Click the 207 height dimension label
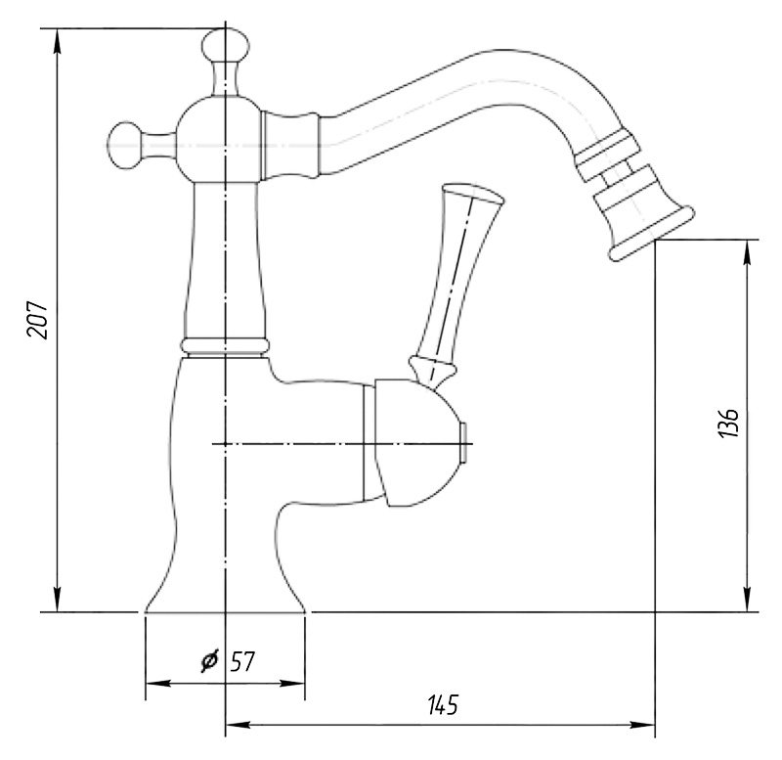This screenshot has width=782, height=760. pos(38,320)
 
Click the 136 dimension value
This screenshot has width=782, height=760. pos(728,424)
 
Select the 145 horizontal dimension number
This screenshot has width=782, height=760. pos(443,705)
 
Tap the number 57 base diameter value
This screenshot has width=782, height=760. pos(242,661)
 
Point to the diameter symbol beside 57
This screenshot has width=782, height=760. pos(210,660)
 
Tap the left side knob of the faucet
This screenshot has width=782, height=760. pos(125,145)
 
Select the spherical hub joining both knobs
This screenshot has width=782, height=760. pos(219,139)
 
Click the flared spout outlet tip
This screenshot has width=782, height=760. pos(652,233)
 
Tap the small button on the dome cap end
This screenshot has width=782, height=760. pos(463,443)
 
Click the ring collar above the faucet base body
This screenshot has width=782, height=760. pos(225,345)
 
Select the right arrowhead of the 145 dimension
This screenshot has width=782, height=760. pos(642,725)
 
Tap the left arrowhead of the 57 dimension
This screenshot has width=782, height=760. pos(157,683)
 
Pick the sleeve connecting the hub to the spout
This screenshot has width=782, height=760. pos(290,145)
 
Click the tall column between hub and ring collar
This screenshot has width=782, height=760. pos(226,260)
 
